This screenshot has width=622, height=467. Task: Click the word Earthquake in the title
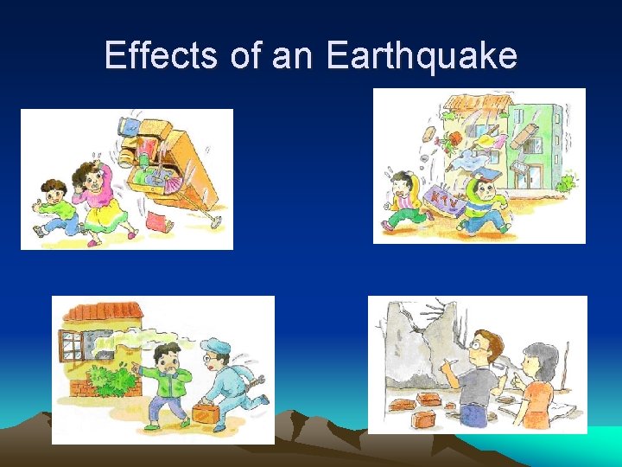click(x=422, y=56)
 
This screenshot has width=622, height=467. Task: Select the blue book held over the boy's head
click(x=486, y=172)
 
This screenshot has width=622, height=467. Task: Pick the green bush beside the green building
click(x=565, y=184)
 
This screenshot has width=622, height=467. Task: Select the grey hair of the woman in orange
click(x=537, y=355)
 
